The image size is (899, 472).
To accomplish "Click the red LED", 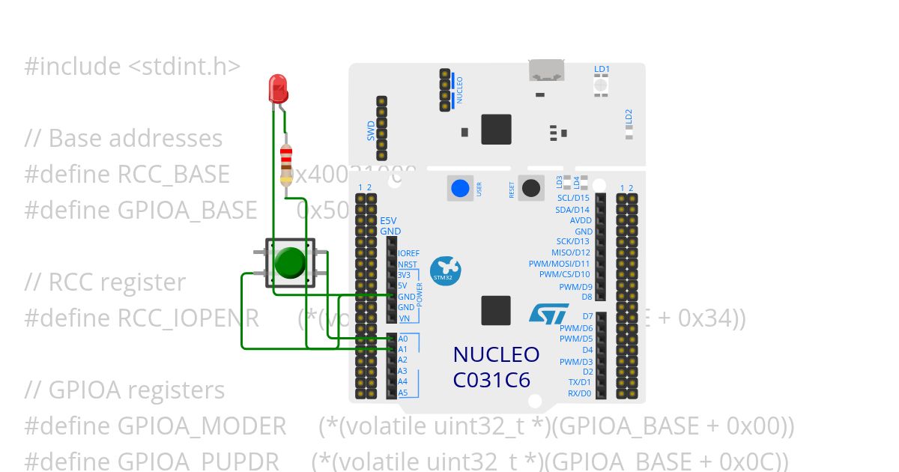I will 277,88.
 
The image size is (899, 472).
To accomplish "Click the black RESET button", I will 531,188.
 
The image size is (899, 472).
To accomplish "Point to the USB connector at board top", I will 547,70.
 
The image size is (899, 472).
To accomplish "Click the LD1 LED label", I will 602,69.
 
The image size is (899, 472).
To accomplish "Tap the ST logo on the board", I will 549,313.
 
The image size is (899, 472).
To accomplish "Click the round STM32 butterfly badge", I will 446,270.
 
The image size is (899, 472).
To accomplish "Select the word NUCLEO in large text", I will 496,354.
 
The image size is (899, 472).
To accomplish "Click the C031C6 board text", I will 491,380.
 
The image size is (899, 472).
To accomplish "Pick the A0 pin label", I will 403,339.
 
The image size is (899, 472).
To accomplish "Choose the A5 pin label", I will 403,393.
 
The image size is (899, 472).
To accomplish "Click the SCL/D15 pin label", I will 573,198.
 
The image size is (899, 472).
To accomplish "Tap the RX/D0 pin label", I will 579,393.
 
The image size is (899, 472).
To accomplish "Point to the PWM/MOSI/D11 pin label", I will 560,264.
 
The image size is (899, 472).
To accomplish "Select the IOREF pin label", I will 409,253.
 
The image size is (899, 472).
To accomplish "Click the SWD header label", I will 371,131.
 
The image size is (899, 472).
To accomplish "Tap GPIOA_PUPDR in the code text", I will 199,460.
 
